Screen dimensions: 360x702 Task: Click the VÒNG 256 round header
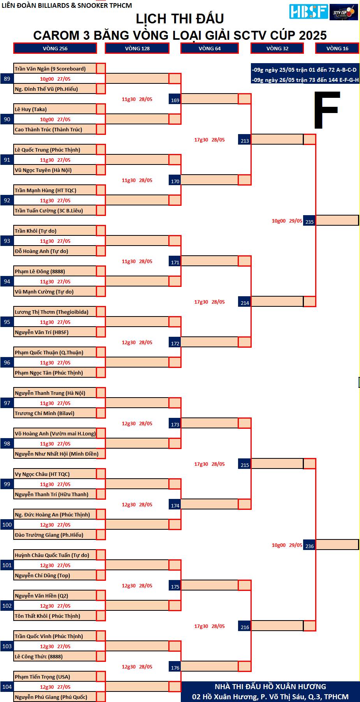coord(55,48)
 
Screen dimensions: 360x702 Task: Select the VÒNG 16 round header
coord(337,48)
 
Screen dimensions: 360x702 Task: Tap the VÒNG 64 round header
coord(210,48)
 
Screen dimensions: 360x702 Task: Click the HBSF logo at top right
coord(309,12)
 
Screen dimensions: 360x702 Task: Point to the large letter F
coord(327,110)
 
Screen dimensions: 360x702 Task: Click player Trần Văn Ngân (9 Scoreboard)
coord(50,69)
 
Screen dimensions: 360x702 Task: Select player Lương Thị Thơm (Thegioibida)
coord(51,312)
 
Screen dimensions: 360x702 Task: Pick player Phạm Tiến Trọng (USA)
coord(42,677)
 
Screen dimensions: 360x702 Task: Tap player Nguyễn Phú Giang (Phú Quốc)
coord(51,697)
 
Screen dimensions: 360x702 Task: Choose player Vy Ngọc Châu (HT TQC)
coord(42,474)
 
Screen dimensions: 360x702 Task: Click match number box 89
coord(7,79)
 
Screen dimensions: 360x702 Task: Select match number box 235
coord(309,221)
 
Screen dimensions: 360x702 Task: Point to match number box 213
coord(245,140)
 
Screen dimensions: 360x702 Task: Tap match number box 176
coord(175,667)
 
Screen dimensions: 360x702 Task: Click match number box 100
coord(7,525)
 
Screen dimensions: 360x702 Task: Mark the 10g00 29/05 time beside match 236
coord(287,545)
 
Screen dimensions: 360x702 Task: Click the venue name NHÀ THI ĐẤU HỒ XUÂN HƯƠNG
coord(270,686)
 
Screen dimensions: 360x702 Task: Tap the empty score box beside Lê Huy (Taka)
coord(101,109)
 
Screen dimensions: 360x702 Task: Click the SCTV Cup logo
coord(344,12)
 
